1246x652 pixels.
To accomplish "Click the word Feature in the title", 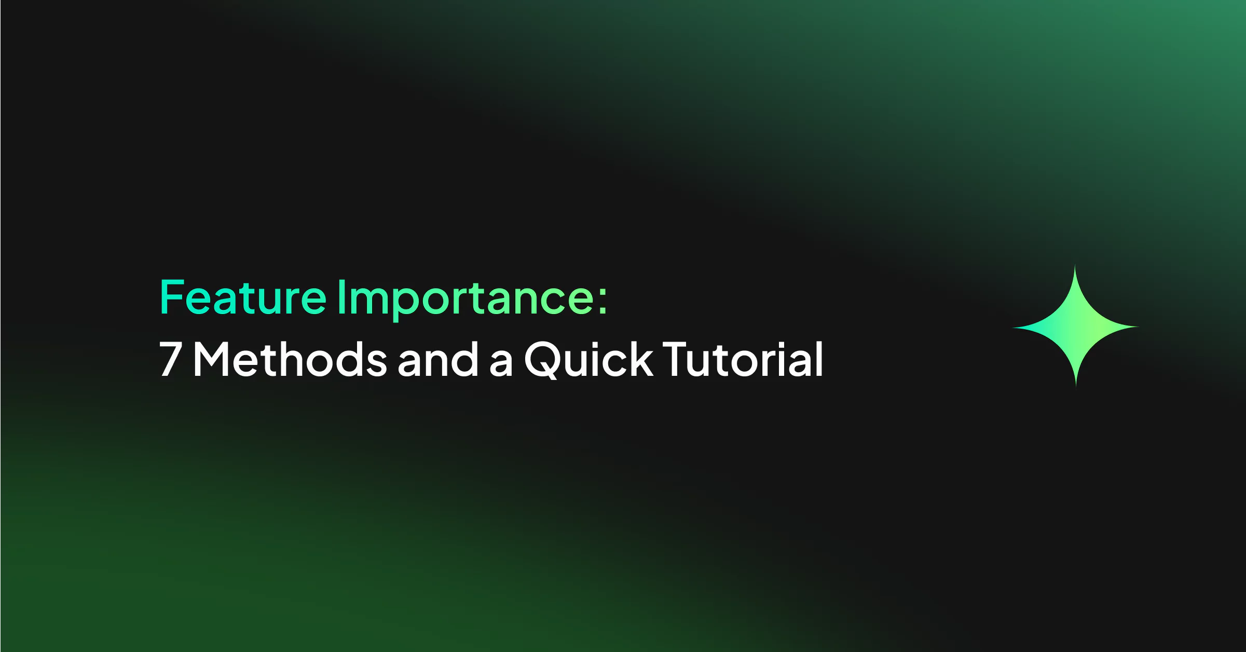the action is point(243,297).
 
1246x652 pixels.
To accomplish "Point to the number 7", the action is point(170,359).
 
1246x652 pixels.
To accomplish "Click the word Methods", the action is point(290,359).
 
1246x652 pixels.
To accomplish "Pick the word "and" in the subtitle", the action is point(438,359).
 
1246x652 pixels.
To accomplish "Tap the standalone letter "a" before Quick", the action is point(501,363).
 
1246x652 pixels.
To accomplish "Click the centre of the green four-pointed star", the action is point(1075,327).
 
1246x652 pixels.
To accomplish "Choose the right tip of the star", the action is point(1139,327).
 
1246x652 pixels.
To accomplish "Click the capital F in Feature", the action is point(172,297).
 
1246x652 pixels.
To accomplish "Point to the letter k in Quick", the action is point(641,359).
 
